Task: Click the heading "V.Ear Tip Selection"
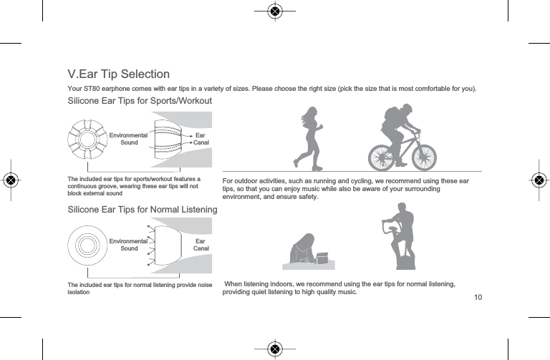click(118, 74)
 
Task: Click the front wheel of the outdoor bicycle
click(420, 154)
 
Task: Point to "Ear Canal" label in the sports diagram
click(200, 139)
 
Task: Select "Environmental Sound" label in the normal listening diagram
click(129, 245)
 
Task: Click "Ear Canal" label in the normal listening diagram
click(200, 245)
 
